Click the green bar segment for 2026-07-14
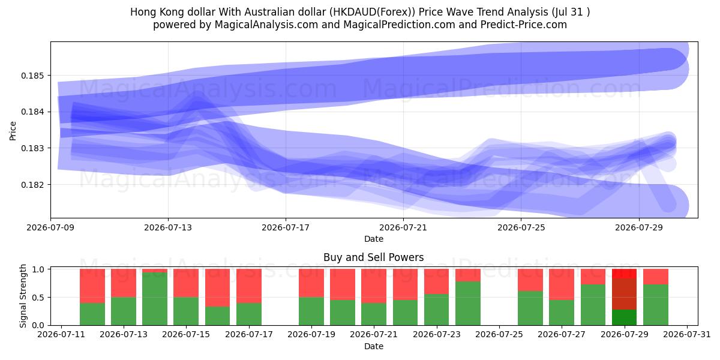[155, 299]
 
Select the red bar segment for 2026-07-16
[218, 287]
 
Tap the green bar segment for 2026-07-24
[468, 304]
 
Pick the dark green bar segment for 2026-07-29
[624, 317]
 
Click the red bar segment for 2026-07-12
[92, 286]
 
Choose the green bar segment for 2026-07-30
[656, 305]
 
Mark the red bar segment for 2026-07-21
[374, 286]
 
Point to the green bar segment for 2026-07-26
[530, 308]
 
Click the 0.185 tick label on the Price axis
[32, 76]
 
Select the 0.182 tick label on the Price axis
[32, 185]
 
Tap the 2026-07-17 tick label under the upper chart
[286, 227]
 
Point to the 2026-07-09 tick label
[50, 227]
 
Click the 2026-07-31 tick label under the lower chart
[687, 335]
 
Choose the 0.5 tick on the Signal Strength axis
[38, 298]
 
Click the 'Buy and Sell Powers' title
[373, 257]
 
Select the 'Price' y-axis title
[13, 131]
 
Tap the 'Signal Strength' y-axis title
[23, 296]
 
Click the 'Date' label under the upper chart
[374, 239]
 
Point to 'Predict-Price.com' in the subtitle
[524, 25]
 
